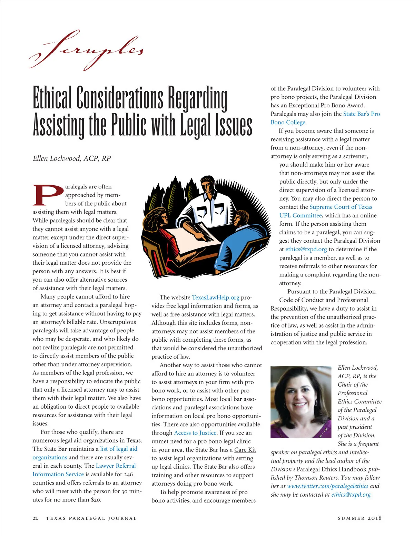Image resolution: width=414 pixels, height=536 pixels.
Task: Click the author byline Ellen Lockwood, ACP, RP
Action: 72,158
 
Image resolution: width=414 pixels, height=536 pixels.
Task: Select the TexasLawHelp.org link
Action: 215,298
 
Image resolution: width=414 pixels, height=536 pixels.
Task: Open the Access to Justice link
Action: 195,433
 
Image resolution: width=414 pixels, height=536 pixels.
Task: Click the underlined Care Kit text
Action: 245,450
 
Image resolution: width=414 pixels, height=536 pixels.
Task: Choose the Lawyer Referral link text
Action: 116,466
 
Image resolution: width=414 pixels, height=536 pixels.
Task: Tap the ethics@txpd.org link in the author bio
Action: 351,495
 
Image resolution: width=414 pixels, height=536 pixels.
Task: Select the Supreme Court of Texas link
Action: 341,207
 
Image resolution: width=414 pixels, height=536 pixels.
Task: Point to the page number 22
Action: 35,518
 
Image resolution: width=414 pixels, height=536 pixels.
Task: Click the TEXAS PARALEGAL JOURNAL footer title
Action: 91,518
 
